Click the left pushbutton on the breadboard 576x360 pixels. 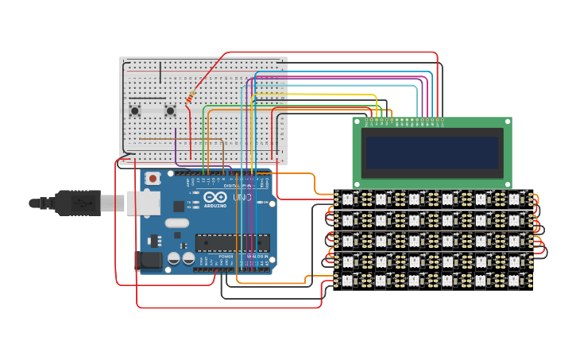click(x=135, y=111)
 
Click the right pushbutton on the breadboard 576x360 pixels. click(x=170, y=111)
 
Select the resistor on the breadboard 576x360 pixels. click(x=191, y=97)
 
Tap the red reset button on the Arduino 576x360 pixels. click(x=153, y=179)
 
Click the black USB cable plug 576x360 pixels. click(x=79, y=203)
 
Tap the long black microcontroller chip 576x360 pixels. click(x=232, y=242)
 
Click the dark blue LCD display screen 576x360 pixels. click(x=431, y=152)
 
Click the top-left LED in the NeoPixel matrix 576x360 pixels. click(x=347, y=198)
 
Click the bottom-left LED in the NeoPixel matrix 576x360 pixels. click(x=347, y=280)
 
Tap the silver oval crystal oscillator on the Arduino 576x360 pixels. click(x=177, y=223)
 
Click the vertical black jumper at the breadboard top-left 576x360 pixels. click(x=160, y=72)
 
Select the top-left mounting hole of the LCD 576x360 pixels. click(x=358, y=122)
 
